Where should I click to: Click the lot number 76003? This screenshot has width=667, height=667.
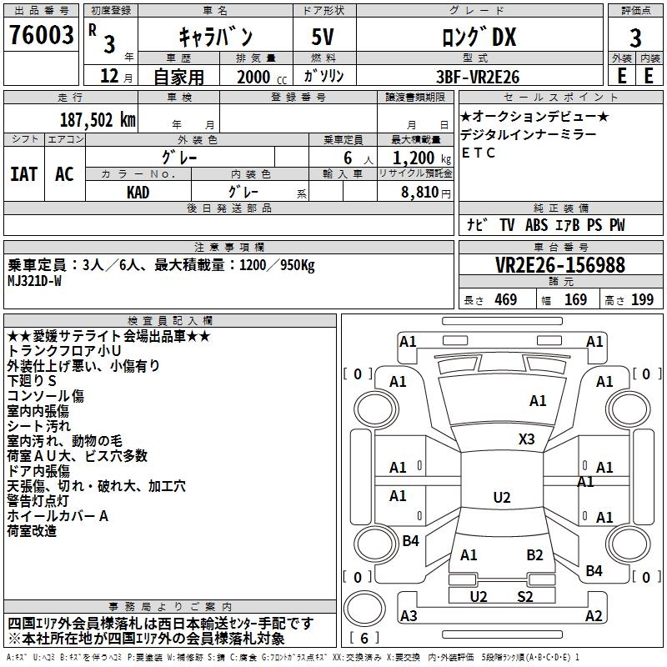pyautogui.click(x=41, y=37)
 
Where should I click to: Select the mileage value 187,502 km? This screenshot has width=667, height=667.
pyautogui.click(x=98, y=119)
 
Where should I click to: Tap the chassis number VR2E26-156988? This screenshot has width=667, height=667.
pyautogui.click(x=560, y=265)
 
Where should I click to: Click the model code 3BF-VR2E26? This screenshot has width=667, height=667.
pyautogui.click(x=479, y=76)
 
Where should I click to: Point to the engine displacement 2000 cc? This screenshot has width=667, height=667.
pyautogui.click(x=257, y=77)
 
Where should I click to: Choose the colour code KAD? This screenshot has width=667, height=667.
pyautogui.click(x=138, y=191)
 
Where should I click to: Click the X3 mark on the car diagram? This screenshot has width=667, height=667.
pyautogui.click(x=526, y=439)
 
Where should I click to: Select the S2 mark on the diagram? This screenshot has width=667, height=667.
pyautogui.click(x=525, y=596)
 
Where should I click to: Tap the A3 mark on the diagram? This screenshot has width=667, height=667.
pyautogui.click(x=409, y=616)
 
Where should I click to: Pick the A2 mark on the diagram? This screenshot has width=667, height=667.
pyautogui.click(x=594, y=616)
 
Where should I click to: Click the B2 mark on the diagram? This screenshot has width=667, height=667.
pyautogui.click(x=534, y=554)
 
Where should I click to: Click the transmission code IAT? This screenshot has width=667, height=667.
pyautogui.click(x=23, y=173)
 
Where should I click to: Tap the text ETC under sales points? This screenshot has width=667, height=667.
pyautogui.click(x=479, y=153)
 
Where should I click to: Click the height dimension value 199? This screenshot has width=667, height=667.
pyautogui.click(x=642, y=299)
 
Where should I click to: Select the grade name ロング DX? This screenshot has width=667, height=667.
pyautogui.click(x=479, y=37)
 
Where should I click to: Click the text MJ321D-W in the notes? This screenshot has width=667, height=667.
pyautogui.click(x=34, y=281)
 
